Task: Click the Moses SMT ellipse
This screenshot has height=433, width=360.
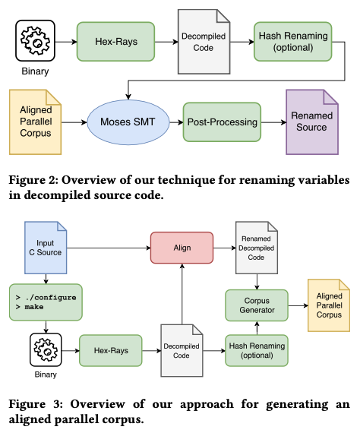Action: (128, 122)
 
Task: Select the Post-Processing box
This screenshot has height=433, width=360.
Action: (222, 122)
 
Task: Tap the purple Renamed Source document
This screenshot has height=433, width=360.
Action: (312, 122)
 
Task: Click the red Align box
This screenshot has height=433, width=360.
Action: (182, 248)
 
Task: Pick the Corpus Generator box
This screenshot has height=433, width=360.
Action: (257, 305)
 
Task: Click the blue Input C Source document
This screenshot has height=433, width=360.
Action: (46, 248)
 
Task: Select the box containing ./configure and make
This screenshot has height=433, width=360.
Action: (46, 302)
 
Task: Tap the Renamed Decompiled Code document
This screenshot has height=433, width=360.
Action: (257, 248)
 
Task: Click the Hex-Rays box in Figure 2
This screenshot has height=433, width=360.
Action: (115, 42)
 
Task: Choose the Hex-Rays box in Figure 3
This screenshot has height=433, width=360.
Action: (111, 350)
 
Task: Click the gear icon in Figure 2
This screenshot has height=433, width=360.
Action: (36, 40)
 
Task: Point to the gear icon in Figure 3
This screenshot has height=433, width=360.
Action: (46, 350)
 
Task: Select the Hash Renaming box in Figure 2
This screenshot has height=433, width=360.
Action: (293, 42)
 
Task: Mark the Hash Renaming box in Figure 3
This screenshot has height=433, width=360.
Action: (257, 350)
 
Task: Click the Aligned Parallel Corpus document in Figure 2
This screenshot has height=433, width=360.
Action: (36, 122)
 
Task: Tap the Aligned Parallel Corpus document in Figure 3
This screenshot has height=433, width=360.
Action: (329, 305)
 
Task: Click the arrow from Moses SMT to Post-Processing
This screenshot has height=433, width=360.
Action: (176, 122)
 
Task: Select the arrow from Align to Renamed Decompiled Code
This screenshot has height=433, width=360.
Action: (225, 248)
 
